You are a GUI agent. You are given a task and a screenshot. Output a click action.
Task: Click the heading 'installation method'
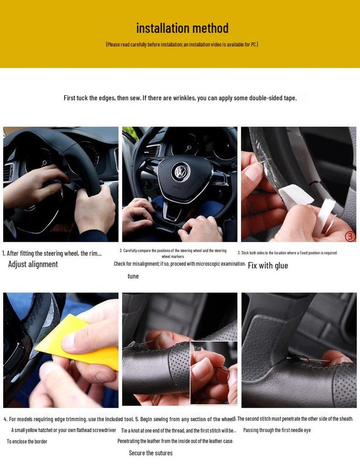(182, 28)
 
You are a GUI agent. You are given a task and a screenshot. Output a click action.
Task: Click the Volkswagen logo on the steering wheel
(180, 173)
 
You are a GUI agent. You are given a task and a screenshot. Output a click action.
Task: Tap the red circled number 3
(350, 236)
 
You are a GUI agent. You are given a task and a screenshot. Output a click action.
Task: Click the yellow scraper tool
(78, 344)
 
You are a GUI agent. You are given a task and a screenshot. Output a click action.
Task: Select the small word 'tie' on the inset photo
(198, 348)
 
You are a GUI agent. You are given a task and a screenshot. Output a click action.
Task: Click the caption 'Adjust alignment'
(33, 264)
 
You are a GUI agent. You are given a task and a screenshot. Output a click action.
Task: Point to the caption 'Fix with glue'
(268, 266)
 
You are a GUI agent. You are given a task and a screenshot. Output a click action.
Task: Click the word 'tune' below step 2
(133, 276)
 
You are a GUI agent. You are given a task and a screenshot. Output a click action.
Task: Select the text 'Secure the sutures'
(151, 453)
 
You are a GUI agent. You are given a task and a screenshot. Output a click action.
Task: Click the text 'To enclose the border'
(27, 442)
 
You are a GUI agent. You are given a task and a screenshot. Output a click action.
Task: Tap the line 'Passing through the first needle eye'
(277, 430)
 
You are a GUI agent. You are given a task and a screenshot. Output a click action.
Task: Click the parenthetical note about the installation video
(182, 44)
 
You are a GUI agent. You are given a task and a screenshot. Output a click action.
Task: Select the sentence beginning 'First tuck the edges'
(180, 98)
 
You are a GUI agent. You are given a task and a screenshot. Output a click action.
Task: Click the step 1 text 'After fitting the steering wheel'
(52, 253)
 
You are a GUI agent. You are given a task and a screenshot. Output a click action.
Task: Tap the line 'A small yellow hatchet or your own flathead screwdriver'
(64, 430)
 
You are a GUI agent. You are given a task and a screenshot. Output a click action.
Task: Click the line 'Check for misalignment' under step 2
(180, 264)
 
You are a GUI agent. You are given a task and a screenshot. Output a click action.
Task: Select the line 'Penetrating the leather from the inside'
(175, 441)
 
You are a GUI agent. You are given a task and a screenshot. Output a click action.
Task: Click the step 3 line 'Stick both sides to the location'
(287, 253)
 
